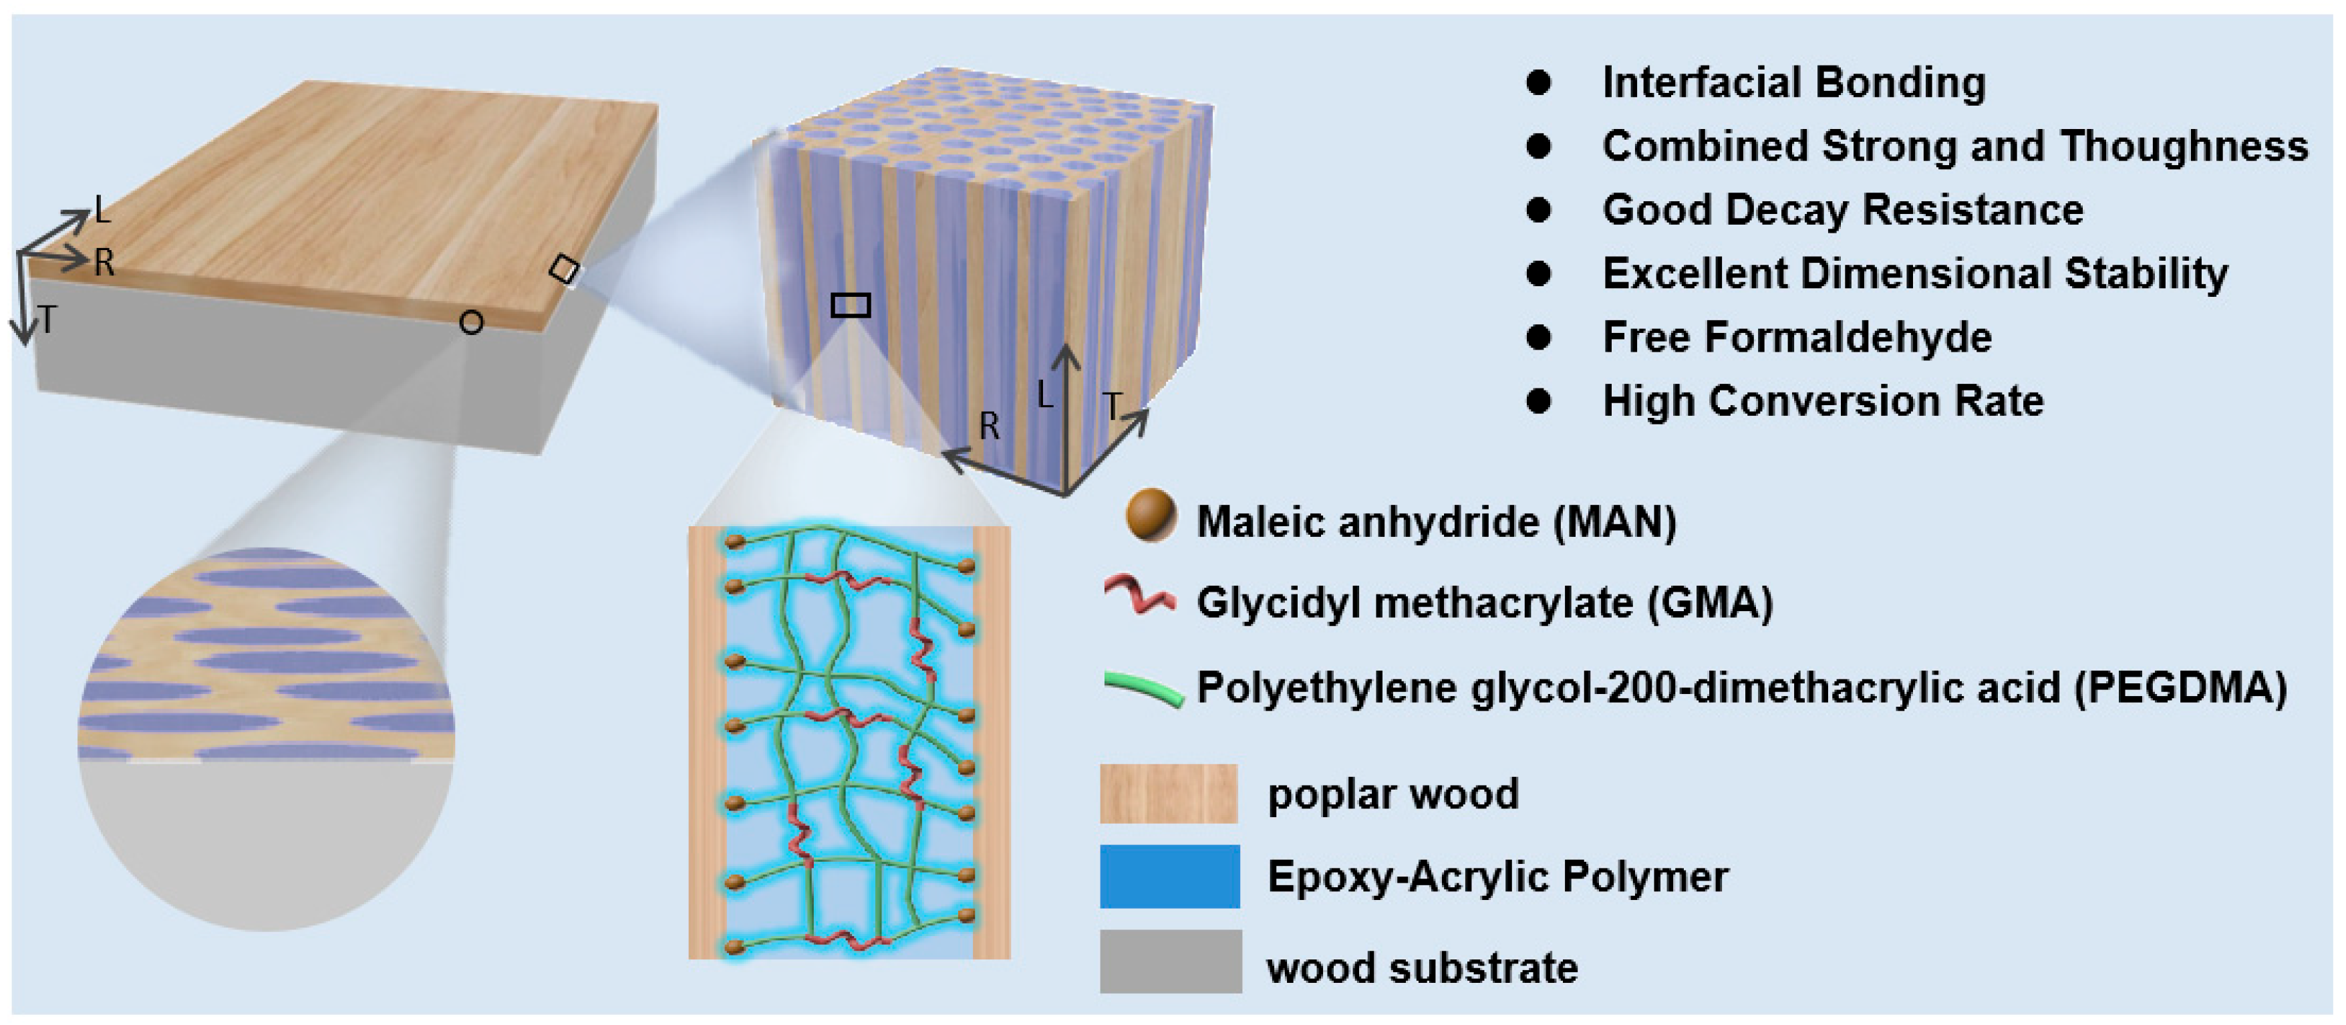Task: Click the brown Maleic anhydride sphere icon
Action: pyautogui.click(x=1150, y=515)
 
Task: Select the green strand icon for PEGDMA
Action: pyautogui.click(x=1144, y=689)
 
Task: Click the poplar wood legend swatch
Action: pyautogui.click(x=1169, y=794)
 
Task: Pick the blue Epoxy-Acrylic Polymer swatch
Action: pyautogui.click(x=1169, y=876)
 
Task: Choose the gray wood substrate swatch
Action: pyautogui.click(x=1170, y=961)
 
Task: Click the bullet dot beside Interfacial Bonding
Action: pyautogui.click(x=1538, y=83)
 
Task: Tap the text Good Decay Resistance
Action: pyautogui.click(x=1842, y=209)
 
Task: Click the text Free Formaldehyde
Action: pyautogui.click(x=1797, y=337)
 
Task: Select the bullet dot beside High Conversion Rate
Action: pyautogui.click(x=1538, y=401)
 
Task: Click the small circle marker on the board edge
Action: pyautogui.click(x=471, y=322)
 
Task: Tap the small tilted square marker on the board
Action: pyautogui.click(x=564, y=269)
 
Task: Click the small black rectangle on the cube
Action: pyautogui.click(x=851, y=304)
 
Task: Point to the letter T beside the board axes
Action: pyautogui.click(x=47, y=320)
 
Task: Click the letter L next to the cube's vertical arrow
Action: pyautogui.click(x=1044, y=394)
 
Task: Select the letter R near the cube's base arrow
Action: pyautogui.click(x=989, y=425)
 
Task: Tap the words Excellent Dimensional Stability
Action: pyautogui.click(x=1914, y=273)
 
